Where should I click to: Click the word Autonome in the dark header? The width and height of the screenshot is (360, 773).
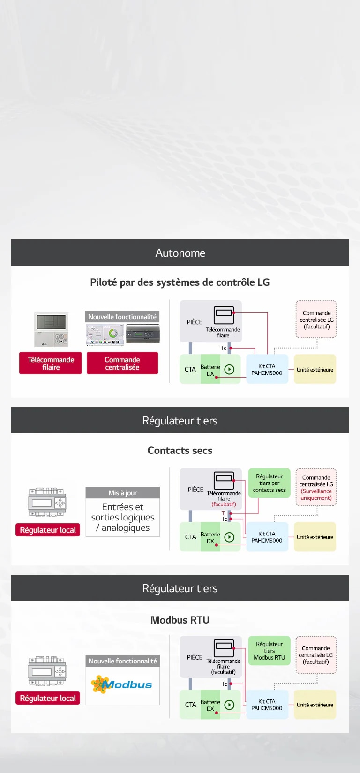click(x=180, y=253)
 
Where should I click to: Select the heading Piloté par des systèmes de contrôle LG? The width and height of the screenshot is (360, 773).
click(x=180, y=282)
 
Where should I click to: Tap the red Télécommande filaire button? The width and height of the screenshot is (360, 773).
click(x=51, y=363)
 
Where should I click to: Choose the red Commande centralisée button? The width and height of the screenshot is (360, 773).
click(x=122, y=363)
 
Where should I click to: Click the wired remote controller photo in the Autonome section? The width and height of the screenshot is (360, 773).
click(x=51, y=329)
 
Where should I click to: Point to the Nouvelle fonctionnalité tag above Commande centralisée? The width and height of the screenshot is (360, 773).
click(x=122, y=317)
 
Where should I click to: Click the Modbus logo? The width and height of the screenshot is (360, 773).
click(x=122, y=684)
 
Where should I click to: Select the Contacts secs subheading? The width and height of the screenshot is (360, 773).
click(x=180, y=450)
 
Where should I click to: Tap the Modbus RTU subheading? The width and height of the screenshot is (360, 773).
click(x=180, y=620)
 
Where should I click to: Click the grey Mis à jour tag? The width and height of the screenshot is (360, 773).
click(x=122, y=493)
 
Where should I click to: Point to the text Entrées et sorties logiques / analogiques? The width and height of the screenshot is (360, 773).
click(x=122, y=517)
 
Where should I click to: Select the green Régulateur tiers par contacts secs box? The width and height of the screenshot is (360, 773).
click(x=270, y=483)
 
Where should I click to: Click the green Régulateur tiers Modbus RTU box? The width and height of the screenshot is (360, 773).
click(x=270, y=651)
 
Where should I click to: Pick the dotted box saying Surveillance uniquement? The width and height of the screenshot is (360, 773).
click(x=316, y=488)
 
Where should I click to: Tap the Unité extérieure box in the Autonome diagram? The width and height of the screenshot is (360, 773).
click(x=315, y=370)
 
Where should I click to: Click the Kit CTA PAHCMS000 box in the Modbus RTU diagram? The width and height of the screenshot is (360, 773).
click(x=267, y=705)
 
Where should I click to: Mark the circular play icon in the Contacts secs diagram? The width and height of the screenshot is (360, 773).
click(x=229, y=537)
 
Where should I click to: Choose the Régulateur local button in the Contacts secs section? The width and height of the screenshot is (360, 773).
click(x=48, y=530)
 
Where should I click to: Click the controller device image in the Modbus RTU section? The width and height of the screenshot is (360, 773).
click(x=47, y=671)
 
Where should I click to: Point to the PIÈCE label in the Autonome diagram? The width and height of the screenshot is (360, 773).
click(x=195, y=322)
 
